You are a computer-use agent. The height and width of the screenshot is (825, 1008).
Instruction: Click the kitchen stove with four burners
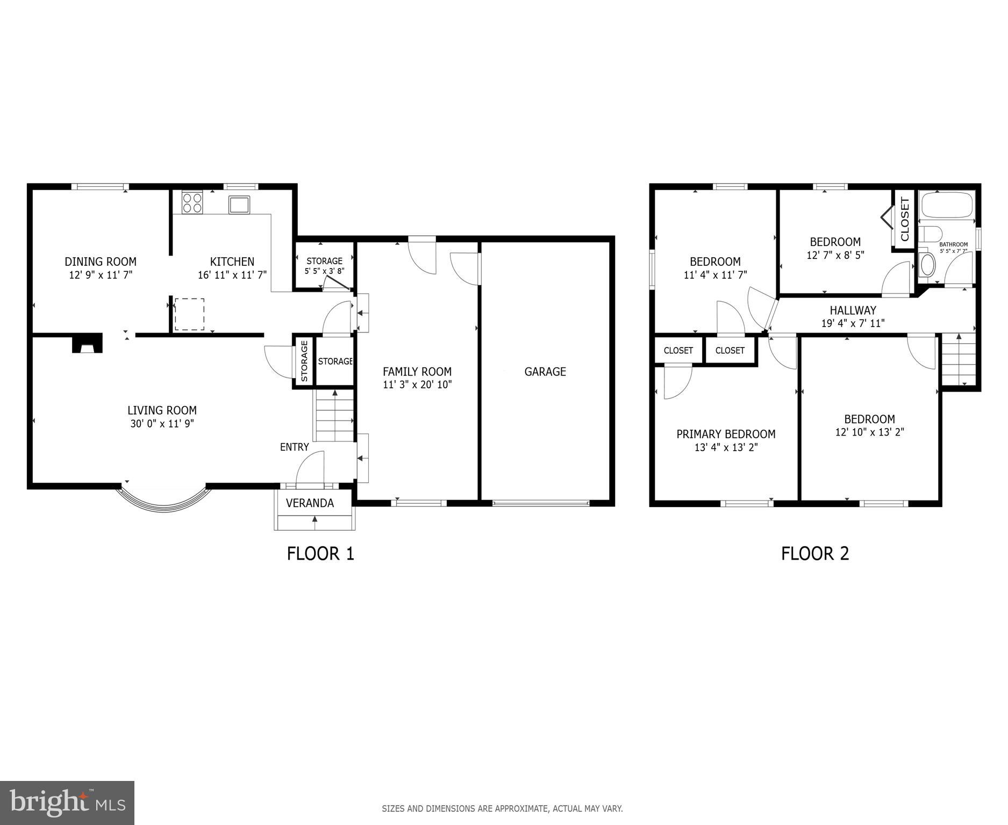tap(192, 202)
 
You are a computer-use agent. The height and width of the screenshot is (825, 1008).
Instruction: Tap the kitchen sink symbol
tap(239, 205)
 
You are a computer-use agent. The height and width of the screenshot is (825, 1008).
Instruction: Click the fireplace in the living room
tap(87, 344)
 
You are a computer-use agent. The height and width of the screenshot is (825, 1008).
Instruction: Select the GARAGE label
tap(545, 372)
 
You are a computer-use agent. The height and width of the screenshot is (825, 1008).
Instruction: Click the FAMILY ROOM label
tap(417, 372)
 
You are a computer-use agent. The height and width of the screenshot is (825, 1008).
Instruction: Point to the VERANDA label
tap(310, 503)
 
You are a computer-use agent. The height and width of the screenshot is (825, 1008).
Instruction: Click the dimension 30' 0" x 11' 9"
tap(162, 424)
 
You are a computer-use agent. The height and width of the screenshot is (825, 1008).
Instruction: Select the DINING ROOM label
tap(101, 262)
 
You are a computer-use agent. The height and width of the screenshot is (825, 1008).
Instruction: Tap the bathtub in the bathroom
tap(947, 204)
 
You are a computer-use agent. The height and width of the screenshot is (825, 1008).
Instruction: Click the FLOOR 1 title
tap(320, 554)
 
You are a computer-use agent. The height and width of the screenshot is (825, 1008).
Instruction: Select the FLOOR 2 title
tap(814, 554)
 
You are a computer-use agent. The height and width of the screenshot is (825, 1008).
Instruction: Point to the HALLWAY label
tap(853, 310)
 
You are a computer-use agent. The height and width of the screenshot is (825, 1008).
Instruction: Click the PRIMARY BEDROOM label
tap(726, 434)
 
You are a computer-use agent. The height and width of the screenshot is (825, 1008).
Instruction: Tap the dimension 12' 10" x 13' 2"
tap(869, 432)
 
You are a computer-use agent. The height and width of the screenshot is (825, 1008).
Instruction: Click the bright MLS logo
tap(67, 803)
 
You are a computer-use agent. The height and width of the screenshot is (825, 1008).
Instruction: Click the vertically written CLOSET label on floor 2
tap(905, 220)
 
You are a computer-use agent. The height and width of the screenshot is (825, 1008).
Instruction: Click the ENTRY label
tap(294, 447)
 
